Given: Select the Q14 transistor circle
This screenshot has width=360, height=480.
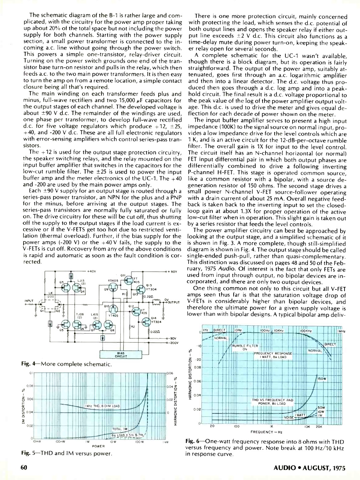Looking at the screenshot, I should tap(147, 322).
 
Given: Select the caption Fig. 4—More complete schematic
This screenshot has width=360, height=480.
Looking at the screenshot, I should tap(66, 364).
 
